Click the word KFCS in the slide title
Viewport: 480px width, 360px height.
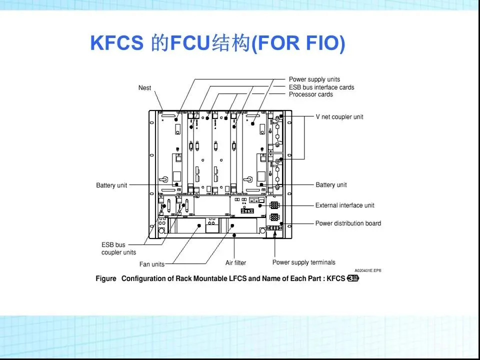coord(116,43)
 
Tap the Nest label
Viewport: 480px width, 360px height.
coord(144,88)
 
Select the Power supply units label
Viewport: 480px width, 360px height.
coord(314,79)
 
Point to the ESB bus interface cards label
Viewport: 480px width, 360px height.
coord(321,87)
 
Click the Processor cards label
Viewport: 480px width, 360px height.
coord(310,94)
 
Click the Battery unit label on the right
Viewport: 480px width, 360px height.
coord(331,185)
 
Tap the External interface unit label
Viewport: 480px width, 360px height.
coord(344,205)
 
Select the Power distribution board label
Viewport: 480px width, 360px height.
coord(347,223)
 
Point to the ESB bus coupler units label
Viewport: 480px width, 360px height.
coord(118,248)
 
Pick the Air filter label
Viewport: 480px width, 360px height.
coord(235,262)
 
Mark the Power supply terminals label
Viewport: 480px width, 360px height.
coord(303,262)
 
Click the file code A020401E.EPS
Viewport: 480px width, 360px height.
coord(367,270)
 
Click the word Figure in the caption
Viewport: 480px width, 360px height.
coord(106,278)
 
